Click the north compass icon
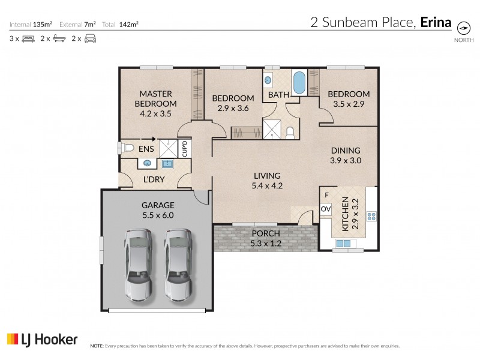coord(464,28)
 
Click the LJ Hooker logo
coord(42,340)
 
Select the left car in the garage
coord(137,264)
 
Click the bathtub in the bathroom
coord(299,83)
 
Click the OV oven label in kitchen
coord(326,209)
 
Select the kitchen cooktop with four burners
coord(371,216)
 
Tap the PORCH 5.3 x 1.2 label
coord(265,238)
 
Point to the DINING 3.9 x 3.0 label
coord(345,155)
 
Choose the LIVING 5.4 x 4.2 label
coord(267,181)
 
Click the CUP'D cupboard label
coord(185,148)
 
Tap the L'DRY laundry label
coord(154,179)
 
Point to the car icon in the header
coord(89,39)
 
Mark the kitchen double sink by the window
coord(344,244)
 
